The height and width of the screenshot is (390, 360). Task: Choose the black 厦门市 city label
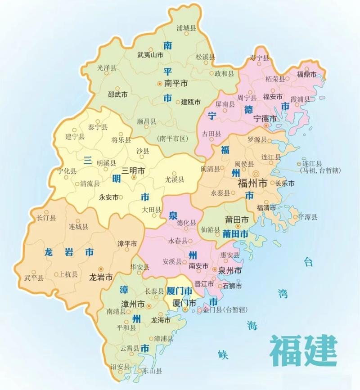pos(184,303)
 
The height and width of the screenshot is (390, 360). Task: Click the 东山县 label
pos(153,371)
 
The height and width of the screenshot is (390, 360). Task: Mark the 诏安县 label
pos(121,366)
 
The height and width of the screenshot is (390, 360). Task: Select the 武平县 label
pos(34,278)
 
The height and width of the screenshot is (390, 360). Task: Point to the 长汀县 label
pos(46,218)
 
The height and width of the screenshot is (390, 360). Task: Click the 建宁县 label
pos(75,136)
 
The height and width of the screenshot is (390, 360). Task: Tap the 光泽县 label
pos(107,67)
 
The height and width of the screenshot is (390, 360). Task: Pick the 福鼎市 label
pos(306,74)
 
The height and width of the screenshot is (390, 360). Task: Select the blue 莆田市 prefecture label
pos(235,234)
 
